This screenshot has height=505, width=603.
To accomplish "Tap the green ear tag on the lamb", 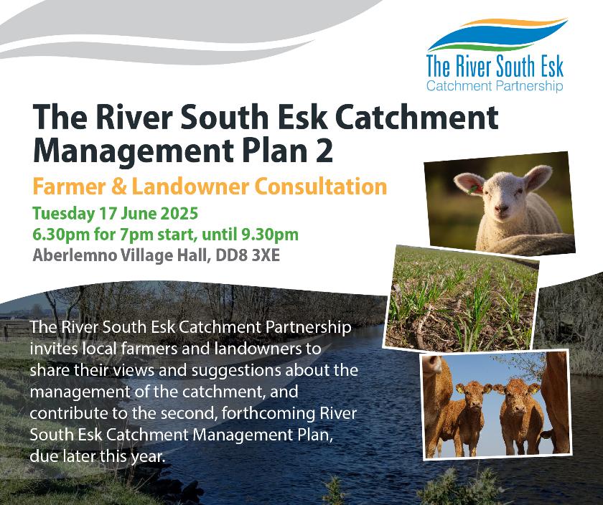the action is (x=472, y=189).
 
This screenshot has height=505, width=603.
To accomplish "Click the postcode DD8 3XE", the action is (x=248, y=255).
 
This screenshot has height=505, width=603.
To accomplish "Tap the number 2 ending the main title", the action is (x=324, y=150).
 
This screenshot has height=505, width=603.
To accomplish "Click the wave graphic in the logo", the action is (x=497, y=34).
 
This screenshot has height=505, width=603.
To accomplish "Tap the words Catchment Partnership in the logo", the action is (x=495, y=85).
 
